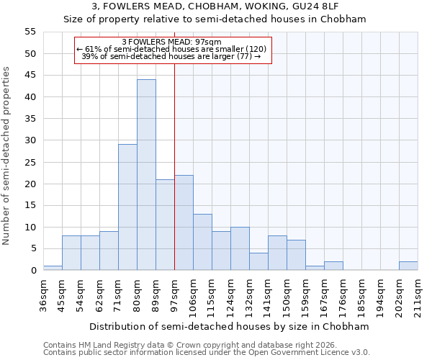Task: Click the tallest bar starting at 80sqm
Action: pos(146,175)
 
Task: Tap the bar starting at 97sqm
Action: pos(184,222)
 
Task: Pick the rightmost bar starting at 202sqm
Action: pos(408,266)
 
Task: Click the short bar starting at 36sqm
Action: pos(53,268)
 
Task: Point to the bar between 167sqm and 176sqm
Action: pos(333,266)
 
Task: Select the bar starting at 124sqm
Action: pos(240,248)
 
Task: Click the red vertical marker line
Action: pos(174,180)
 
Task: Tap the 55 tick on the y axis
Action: pos(30,32)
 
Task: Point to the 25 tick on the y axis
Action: pos(30,162)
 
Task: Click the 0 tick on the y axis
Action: pos(33,271)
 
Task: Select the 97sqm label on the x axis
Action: pos(174,294)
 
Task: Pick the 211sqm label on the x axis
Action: pos(418,294)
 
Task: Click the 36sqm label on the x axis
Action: pos(43,294)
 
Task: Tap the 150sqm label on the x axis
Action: pos(287,294)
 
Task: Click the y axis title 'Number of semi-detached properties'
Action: pos(7,156)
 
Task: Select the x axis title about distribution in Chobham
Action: pos(229,326)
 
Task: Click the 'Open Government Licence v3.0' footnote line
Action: pos(207,352)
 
